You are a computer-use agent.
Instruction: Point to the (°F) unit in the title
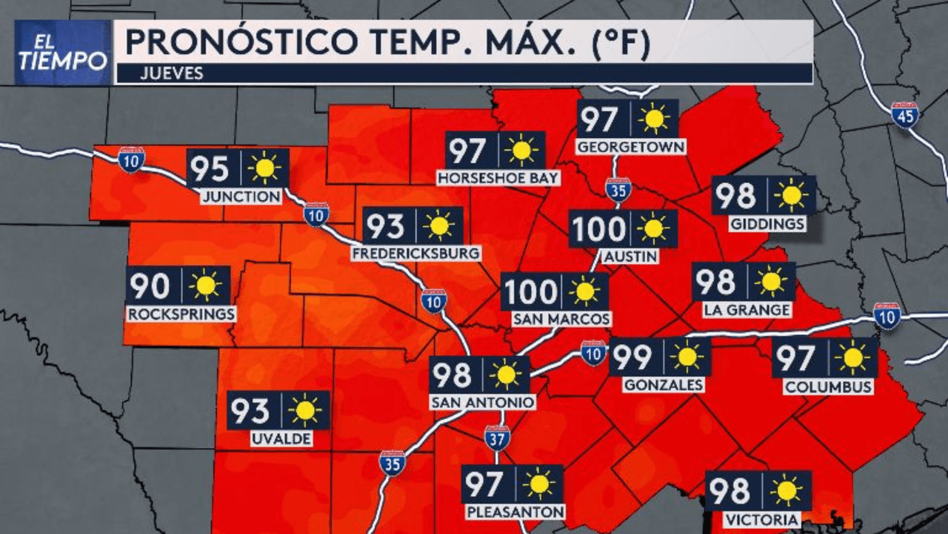point(612,43)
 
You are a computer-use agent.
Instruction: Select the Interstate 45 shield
point(904,115)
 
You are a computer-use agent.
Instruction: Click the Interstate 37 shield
point(497,438)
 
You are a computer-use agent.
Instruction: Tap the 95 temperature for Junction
point(209,169)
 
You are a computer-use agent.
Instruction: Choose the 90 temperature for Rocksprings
point(150,286)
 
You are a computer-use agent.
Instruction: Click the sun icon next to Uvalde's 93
point(304,410)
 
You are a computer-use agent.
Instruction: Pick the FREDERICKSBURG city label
point(416,254)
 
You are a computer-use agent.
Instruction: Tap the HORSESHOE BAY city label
point(498,179)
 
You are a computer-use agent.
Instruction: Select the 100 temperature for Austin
point(598,229)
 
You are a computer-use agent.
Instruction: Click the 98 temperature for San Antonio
point(453,375)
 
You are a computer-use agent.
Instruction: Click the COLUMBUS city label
point(828,387)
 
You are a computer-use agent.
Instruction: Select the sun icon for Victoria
point(786,490)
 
